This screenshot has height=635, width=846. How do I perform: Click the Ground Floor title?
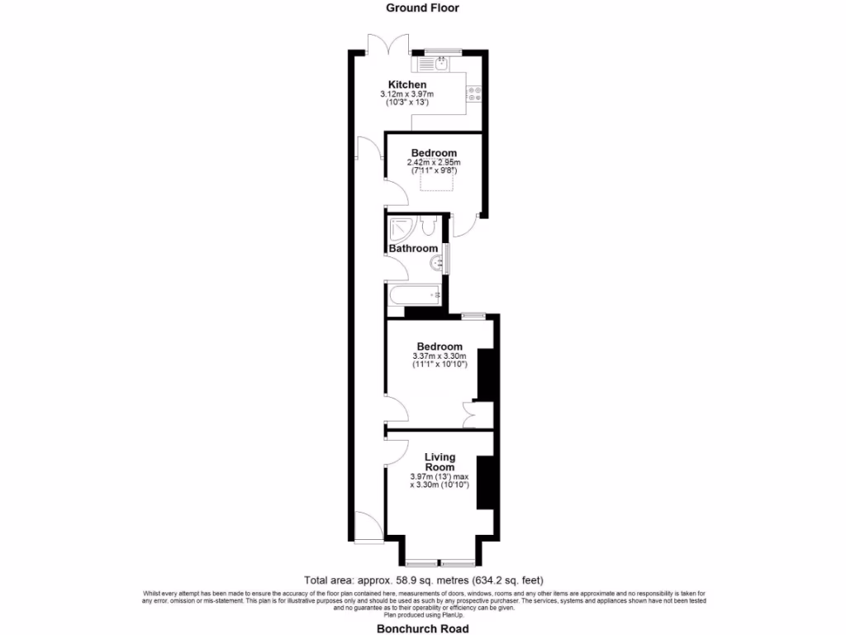click(422, 7)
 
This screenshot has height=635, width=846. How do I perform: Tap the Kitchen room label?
click(407, 84)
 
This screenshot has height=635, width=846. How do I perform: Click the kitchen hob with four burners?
click(475, 93)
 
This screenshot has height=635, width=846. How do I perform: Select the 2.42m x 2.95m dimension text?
click(434, 163)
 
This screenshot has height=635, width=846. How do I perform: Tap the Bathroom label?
click(413, 248)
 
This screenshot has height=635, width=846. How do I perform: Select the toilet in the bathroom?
click(428, 225)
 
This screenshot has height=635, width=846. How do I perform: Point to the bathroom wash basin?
click(435, 263)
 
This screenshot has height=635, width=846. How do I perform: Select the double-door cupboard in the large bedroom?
click(478, 416)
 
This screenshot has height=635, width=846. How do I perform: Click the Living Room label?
click(440, 462)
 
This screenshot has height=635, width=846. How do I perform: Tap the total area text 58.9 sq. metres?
click(423, 580)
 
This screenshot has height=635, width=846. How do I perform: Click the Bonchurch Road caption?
click(422, 628)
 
